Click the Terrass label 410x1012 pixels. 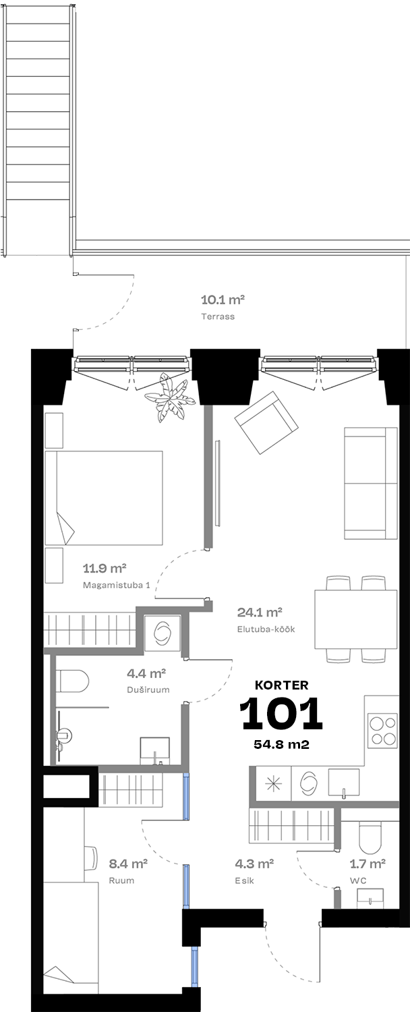coord(218,316)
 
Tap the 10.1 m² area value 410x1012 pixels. coord(223,300)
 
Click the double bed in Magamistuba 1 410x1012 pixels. coord(104,497)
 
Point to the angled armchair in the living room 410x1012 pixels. coord(266,422)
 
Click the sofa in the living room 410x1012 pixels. coord(371,483)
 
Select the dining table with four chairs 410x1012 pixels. coord(356,619)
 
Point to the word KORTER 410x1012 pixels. coord(281,685)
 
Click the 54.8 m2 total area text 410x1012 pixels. coord(281,745)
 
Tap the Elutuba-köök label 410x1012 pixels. coord(266,629)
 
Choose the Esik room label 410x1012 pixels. coord(244,880)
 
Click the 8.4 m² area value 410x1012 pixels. coord(128,864)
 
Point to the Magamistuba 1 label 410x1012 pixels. coord(116,585)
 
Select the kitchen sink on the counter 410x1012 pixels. coord(344,782)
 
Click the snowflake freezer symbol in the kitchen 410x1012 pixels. coord(273,783)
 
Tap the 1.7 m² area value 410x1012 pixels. coord(368,864)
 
